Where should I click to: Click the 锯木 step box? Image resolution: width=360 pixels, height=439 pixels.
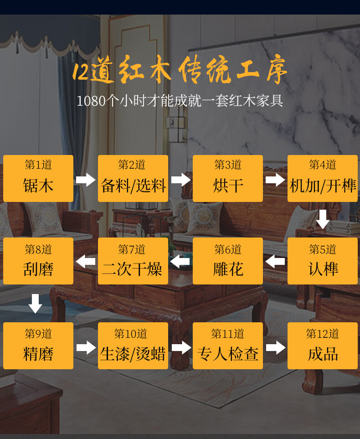(38, 178)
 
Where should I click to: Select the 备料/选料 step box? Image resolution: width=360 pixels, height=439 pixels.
(133, 178)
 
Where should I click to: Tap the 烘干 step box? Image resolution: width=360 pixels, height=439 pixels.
(228, 178)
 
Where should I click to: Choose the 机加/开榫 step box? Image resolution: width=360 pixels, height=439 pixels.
(323, 178)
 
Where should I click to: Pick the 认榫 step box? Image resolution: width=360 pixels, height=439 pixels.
(323, 261)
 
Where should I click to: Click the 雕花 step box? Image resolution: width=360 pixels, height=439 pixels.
(228, 261)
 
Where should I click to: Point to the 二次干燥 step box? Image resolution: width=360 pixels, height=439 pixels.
(133, 261)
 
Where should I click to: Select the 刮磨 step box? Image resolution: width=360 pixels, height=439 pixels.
(38, 261)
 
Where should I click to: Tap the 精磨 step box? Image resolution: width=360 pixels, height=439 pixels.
(38, 346)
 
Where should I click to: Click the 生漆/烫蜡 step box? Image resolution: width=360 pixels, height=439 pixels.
(133, 346)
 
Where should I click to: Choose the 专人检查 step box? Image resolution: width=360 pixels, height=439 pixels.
(228, 346)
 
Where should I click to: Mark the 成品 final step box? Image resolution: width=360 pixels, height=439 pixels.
(323, 346)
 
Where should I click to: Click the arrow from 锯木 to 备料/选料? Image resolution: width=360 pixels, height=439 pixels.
(86, 180)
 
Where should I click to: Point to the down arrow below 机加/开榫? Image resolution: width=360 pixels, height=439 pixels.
(323, 219)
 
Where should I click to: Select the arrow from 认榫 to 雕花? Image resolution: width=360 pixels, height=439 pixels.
(275, 262)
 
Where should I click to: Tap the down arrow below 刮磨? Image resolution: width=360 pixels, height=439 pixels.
(35, 304)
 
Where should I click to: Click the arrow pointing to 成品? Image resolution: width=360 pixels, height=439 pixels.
(275, 348)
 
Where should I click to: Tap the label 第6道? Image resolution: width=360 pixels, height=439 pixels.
(228, 249)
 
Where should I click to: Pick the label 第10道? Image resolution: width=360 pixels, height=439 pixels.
(131, 334)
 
